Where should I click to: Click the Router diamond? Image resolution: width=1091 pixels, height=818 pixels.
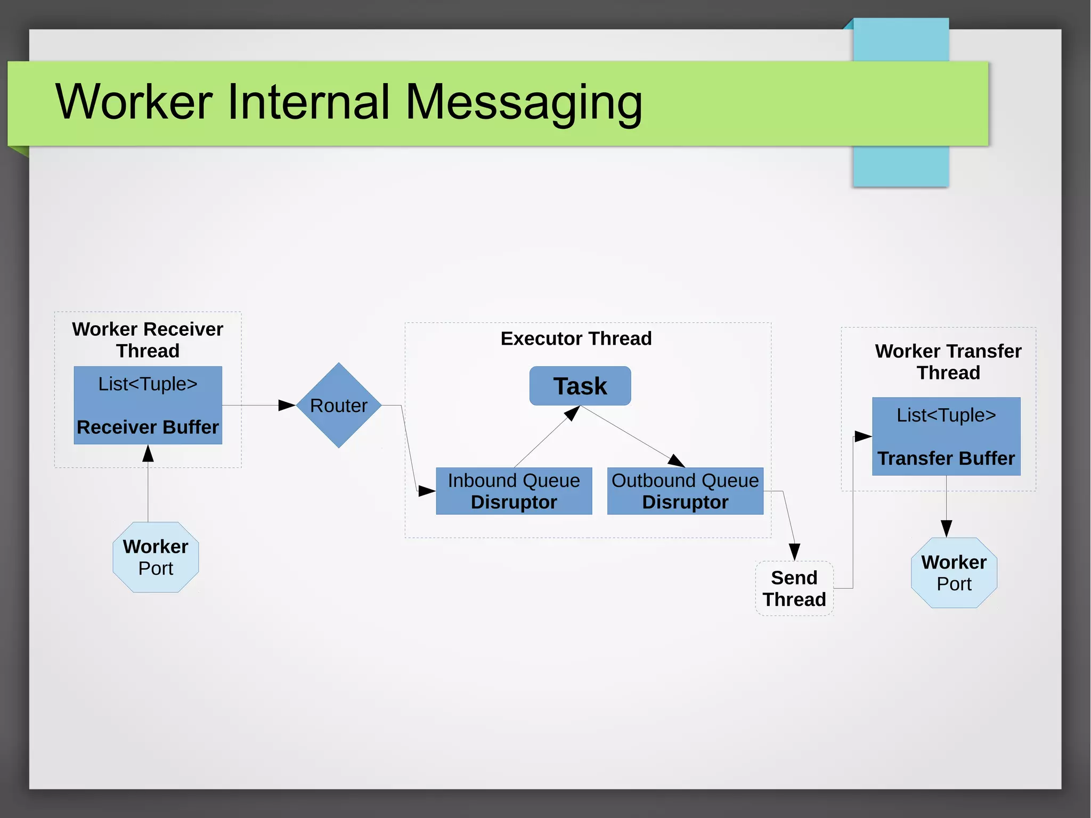click(x=338, y=406)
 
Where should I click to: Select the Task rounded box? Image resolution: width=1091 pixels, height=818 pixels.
click(x=580, y=386)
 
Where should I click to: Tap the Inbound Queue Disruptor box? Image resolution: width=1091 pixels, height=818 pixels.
click(x=514, y=491)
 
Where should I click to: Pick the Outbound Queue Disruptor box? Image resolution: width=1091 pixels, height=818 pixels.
click(x=685, y=491)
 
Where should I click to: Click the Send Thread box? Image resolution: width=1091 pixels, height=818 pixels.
click(x=794, y=588)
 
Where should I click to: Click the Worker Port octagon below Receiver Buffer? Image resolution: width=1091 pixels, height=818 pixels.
click(x=156, y=557)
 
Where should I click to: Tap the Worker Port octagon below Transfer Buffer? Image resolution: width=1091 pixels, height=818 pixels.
click(x=954, y=573)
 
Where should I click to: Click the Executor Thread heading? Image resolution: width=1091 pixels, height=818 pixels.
click(x=576, y=338)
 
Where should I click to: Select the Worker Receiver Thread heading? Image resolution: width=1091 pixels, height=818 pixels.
click(x=148, y=339)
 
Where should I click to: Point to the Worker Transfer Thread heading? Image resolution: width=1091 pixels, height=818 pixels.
click(x=948, y=361)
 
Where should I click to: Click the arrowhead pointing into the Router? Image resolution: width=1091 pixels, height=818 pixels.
click(x=287, y=406)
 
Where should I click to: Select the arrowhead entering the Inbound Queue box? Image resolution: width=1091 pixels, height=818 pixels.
click(x=427, y=491)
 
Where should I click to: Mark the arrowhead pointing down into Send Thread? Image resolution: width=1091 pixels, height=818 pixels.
click(x=794, y=552)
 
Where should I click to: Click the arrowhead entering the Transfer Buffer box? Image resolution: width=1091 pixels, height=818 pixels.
click(x=863, y=436)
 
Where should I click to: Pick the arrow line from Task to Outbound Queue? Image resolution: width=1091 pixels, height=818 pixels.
click(x=629, y=434)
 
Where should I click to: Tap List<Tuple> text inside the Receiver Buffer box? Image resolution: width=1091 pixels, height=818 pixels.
click(x=148, y=384)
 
